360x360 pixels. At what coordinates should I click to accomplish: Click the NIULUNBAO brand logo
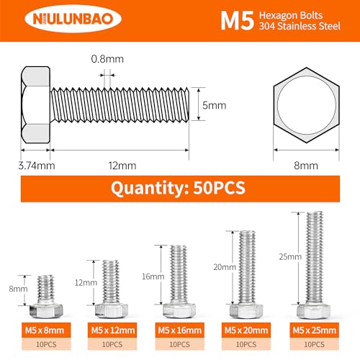click(x=73, y=19)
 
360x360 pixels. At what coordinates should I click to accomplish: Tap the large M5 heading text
click(x=237, y=21)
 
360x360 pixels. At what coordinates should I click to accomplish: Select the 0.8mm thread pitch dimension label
click(x=107, y=59)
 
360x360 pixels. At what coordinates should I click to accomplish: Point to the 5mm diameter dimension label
click(x=214, y=105)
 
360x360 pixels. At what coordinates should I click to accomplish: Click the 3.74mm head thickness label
click(x=37, y=166)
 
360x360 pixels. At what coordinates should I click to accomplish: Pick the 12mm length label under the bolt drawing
click(x=122, y=166)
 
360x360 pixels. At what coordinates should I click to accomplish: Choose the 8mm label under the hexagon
click(x=306, y=166)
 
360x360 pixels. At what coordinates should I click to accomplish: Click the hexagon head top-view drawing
click(x=306, y=105)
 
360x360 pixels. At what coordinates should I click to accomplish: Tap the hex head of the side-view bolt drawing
click(x=35, y=105)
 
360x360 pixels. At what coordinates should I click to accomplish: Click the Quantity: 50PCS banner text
click(x=178, y=188)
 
